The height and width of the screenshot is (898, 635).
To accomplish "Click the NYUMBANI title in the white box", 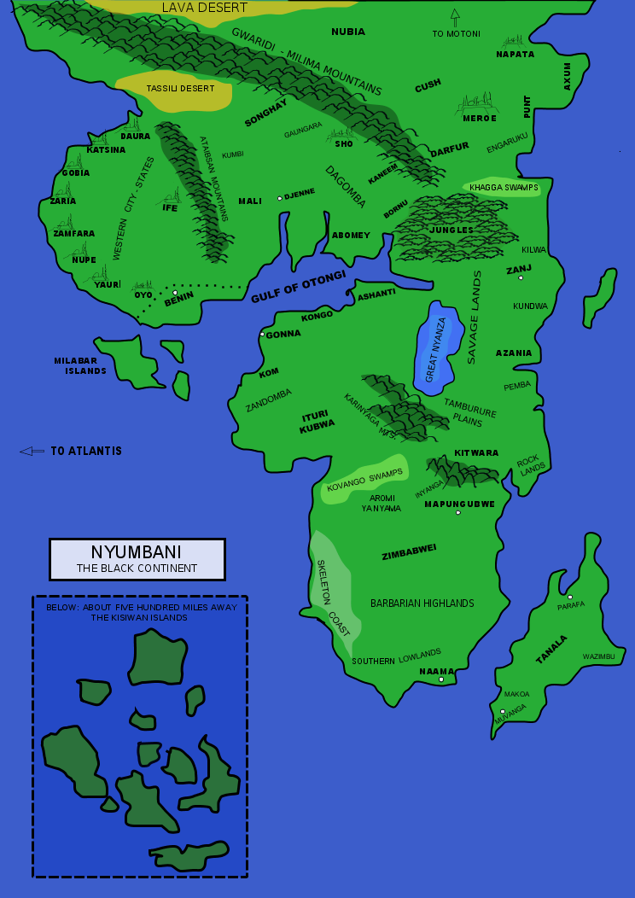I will coord(137,551).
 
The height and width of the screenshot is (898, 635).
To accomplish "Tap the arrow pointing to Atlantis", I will coord(32,451).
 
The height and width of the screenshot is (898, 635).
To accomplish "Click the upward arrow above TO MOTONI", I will coord(455,18).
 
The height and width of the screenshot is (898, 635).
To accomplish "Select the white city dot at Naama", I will coord(441,679).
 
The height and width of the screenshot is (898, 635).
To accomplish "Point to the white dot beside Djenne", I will coord(279,199).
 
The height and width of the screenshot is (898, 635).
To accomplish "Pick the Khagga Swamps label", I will coord(504,187).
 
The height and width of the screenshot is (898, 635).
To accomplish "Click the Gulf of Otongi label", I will coord(298,287).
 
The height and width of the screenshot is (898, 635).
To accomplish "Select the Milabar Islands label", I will coord(80,365).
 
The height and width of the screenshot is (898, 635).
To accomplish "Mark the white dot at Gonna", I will coord(262,335).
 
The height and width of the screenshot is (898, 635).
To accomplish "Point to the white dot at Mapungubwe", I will coord(457,512).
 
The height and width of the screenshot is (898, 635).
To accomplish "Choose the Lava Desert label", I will coord(204,9).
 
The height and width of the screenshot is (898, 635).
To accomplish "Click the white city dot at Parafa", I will coord(570,597).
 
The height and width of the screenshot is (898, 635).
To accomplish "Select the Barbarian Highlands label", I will coord(422,604).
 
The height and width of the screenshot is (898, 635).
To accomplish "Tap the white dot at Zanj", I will coord(520,277).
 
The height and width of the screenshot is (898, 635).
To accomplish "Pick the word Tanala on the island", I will coord(551,649).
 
